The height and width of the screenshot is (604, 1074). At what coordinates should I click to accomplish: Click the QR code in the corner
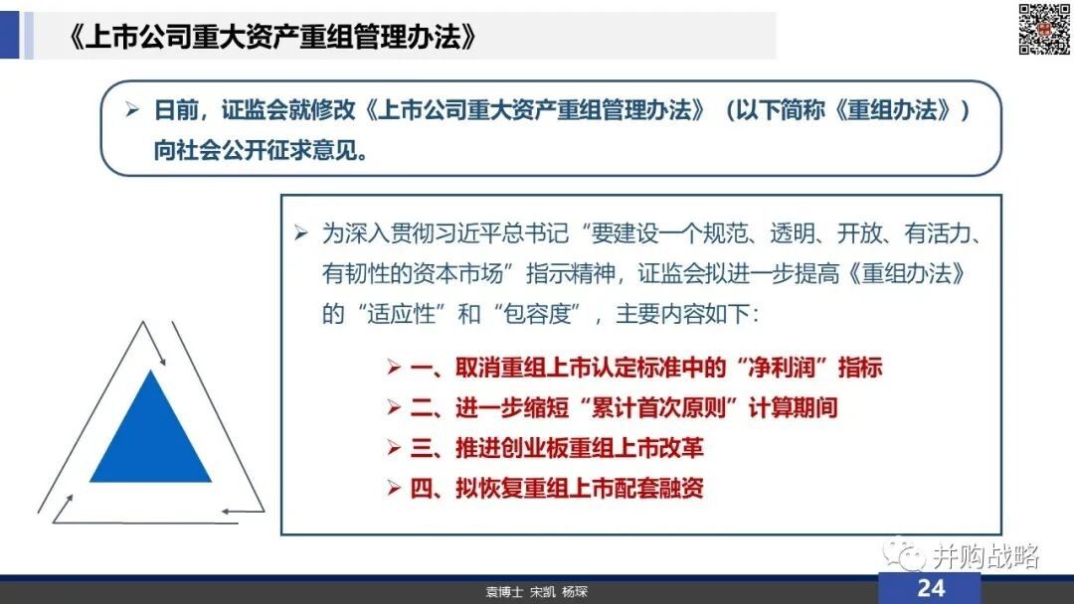(1044, 29)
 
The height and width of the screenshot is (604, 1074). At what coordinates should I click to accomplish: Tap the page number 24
(931, 588)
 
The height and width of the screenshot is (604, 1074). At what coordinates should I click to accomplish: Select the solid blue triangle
(151, 427)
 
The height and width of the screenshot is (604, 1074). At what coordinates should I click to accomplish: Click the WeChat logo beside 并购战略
(903, 554)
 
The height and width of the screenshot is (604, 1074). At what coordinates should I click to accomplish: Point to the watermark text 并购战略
(984, 556)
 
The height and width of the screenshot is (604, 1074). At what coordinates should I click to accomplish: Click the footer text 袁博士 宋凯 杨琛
(536, 592)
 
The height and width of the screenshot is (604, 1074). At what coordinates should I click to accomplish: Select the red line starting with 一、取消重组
(646, 368)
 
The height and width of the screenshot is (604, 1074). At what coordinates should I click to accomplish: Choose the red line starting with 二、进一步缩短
(624, 407)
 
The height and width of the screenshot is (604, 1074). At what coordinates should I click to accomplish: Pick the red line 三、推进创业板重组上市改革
(557, 448)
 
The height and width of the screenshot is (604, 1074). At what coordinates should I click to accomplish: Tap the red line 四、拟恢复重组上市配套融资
(557, 489)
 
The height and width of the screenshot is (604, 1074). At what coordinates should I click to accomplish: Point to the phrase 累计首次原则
(657, 407)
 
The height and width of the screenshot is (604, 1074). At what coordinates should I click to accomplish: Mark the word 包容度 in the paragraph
(536, 314)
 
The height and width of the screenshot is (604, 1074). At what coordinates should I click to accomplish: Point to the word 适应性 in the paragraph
(402, 314)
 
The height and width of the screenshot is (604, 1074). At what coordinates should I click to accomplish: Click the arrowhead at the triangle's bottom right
(226, 511)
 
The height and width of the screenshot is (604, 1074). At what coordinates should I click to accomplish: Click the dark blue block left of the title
(10, 36)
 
